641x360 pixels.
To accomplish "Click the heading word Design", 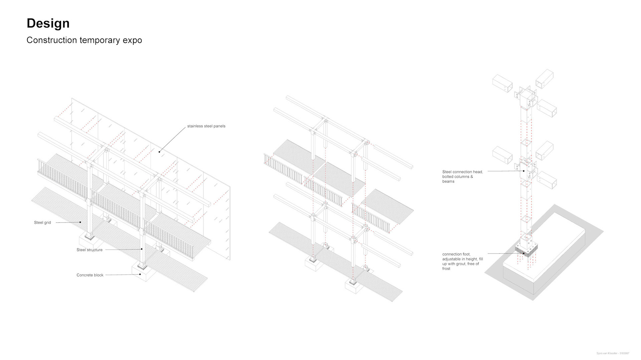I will pos(48,23).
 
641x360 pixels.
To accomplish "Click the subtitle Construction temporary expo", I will pos(84,40).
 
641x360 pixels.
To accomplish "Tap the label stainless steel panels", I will pos(206,126).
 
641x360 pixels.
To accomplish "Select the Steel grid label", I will pos(42,223).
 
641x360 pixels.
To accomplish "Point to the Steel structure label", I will pos(89,250).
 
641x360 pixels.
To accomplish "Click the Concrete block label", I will pos(90,275).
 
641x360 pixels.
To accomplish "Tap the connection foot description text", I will pos(462,261).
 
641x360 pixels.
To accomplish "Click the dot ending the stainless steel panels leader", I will pos(159,152).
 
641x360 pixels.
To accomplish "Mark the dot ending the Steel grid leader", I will pos(80,222).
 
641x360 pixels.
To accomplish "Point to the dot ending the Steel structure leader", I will pos(142,249).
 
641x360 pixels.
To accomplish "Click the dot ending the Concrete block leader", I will pos(140,275).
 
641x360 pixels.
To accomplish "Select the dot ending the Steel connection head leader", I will pos(524,171).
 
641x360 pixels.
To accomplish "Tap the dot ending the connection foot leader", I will pos(524,254).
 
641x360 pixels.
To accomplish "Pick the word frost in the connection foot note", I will pos(446,269).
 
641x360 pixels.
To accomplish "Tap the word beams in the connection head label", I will pos(448,182).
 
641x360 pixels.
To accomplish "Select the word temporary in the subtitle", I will pos(100,40).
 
